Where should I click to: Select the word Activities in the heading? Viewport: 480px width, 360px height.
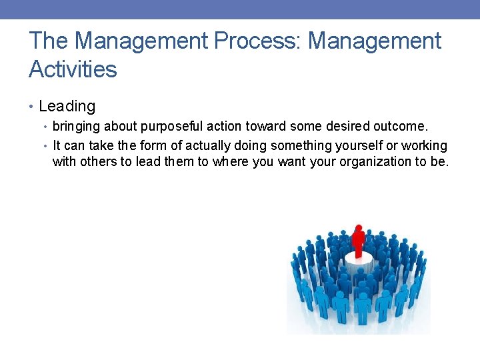coord(73,69)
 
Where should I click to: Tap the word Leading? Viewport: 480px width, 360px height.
coord(67,106)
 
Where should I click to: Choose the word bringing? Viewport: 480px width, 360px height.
coord(75,126)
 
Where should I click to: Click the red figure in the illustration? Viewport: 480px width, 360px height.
coord(359,242)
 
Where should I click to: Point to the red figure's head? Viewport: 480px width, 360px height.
coord(359,229)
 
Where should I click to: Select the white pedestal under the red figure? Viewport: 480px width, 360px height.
coord(359,263)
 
